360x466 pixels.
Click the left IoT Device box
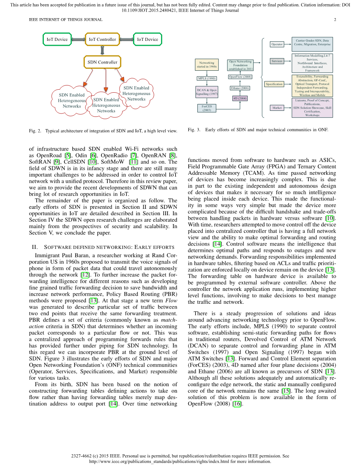point(57,39)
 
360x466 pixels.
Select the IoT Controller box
point(102,39)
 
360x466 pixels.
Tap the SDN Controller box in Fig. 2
point(102,62)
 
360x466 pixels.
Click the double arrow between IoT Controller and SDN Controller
point(102,51)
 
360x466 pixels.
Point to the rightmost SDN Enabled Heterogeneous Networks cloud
point(137,93)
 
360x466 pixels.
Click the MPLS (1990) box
point(206,79)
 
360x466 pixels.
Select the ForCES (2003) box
point(206,108)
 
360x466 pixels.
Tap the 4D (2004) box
point(240,98)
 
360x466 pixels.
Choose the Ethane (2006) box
point(240,88)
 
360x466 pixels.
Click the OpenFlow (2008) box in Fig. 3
point(240,77)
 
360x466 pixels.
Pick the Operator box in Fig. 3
point(277,44)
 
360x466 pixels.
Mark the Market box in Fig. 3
point(277,108)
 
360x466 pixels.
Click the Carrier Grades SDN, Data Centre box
point(312,42)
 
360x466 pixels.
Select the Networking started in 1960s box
point(206,65)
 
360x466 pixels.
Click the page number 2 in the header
point(335,20)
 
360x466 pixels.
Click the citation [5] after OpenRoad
point(67,155)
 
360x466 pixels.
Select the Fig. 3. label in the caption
point(194,130)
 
